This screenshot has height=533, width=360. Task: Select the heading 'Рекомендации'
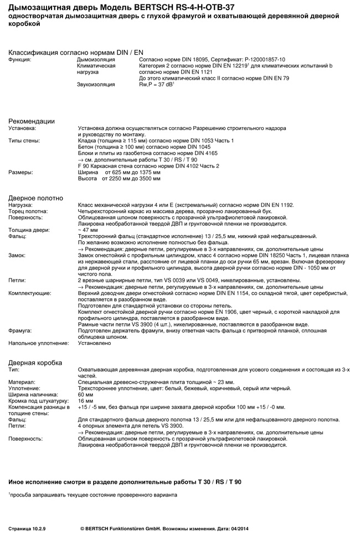(x=32, y=121)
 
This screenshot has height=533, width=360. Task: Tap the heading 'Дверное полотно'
(x=35, y=198)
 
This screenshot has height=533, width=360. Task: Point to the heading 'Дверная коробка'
(x=35, y=362)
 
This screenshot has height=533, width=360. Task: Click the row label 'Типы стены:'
(x=24, y=141)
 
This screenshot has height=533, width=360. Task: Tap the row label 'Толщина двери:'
(x=29, y=230)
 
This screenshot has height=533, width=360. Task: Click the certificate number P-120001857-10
(x=263, y=59)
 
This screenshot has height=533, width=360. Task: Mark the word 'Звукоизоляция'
(x=96, y=84)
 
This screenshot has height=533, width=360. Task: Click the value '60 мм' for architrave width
(x=86, y=394)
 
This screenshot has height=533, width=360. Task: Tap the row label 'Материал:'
(x=22, y=381)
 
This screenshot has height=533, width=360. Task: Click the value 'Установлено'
(x=94, y=343)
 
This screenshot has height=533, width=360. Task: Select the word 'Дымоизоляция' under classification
(x=96, y=59)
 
